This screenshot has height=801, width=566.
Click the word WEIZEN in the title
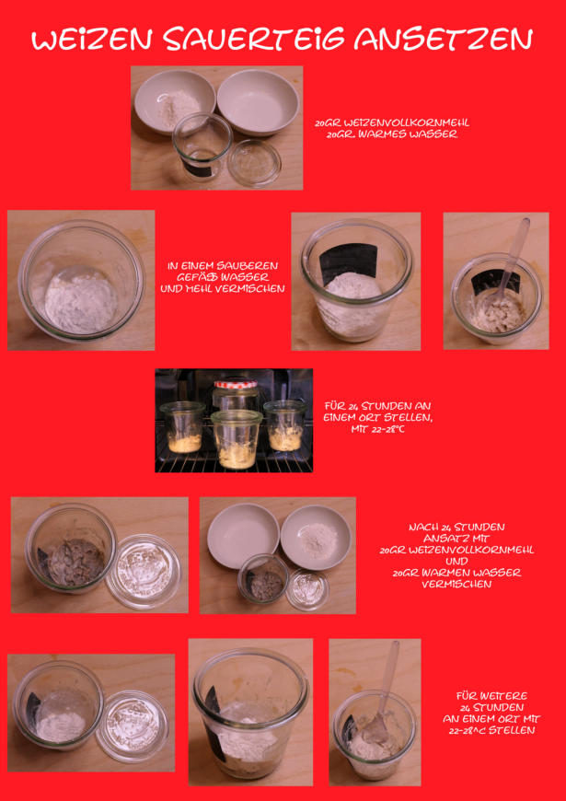click(x=94, y=40)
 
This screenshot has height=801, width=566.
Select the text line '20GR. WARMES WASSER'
click(x=392, y=135)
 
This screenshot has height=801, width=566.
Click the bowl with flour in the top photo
click(x=174, y=100)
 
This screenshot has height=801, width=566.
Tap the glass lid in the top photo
click(x=254, y=162)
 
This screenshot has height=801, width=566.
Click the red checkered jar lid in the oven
click(x=236, y=384)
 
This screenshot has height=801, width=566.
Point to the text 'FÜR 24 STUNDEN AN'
click(x=377, y=407)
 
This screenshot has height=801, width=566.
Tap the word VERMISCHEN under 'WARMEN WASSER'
click(x=456, y=584)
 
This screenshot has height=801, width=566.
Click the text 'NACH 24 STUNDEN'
click(x=456, y=528)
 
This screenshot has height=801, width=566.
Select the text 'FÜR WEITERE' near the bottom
click(x=491, y=696)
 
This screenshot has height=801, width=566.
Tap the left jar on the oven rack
click(x=183, y=427)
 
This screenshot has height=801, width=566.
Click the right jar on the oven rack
click(x=285, y=425)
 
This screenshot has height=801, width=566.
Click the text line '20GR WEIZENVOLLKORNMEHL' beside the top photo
click(x=392, y=123)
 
